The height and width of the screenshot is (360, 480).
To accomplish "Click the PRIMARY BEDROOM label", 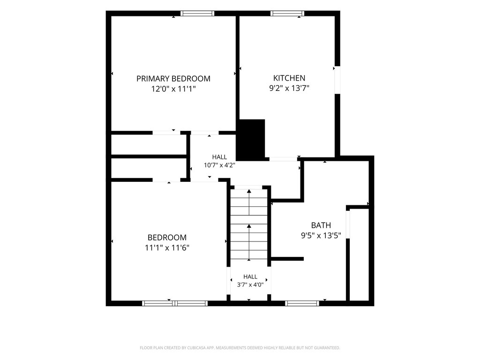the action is click(x=173, y=79).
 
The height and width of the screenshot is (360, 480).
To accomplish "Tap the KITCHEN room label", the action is click(x=289, y=78).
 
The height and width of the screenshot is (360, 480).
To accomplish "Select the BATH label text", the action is click(x=321, y=225).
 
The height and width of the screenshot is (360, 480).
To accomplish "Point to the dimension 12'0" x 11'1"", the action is click(x=173, y=89).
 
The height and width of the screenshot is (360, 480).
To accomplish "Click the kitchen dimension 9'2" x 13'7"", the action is click(x=289, y=89).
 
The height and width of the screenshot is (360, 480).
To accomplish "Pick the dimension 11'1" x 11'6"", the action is click(x=167, y=247).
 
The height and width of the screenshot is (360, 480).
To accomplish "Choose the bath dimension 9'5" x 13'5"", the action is click(x=321, y=236).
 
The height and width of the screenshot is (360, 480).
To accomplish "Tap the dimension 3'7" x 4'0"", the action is click(x=250, y=285).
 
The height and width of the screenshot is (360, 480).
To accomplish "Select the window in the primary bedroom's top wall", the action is click(x=197, y=13).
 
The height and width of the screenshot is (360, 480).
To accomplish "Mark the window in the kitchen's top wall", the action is click(x=287, y=13).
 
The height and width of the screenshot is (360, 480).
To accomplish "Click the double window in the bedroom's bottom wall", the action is click(x=175, y=303).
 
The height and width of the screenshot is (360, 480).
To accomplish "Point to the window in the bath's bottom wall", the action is click(x=302, y=303).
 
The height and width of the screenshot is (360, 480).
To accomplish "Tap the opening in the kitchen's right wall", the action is click(x=337, y=80).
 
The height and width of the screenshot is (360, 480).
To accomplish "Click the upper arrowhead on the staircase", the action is click(x=249, y=191).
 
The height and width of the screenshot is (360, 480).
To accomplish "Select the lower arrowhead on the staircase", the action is click(x=249, y=226).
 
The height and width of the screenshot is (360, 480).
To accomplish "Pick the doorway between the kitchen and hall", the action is click(x=283, y=159).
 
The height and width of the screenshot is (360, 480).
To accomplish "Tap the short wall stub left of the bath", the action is click(x=287, y=259).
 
